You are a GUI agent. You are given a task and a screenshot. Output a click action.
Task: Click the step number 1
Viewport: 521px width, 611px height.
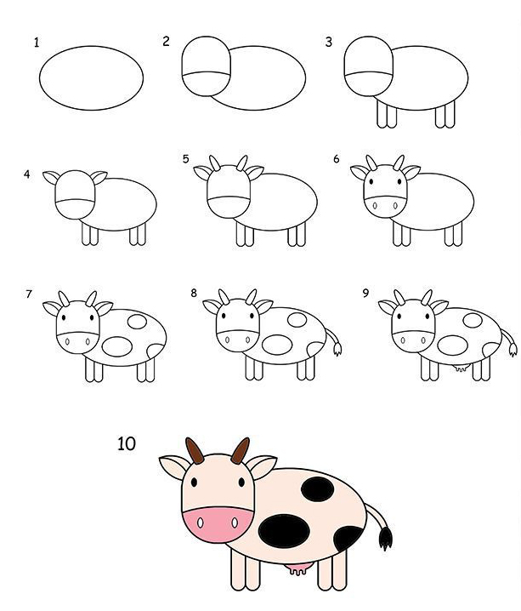(x=37, y=42)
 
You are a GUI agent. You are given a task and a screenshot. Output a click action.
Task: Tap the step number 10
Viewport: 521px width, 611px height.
(x=127, y=443)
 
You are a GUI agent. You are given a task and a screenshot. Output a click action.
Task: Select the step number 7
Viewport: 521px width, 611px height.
(x=28, y=294)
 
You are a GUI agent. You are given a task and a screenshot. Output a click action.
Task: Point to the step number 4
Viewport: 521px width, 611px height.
(x=26, y=174)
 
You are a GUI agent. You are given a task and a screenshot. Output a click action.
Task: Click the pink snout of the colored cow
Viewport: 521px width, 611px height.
(x=217, y=524)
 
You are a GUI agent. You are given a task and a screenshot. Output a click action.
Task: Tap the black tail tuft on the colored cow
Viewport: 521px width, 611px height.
(x=385, y=538)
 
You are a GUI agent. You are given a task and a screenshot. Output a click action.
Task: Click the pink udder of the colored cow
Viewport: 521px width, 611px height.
(x=297, y=569)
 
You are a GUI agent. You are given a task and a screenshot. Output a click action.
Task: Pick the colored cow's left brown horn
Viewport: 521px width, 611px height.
(x=194, y=450)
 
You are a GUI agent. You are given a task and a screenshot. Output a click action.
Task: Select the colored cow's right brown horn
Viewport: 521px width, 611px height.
(x=240, y=450)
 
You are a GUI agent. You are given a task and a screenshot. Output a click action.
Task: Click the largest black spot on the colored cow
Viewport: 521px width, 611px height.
(x=285, y=530)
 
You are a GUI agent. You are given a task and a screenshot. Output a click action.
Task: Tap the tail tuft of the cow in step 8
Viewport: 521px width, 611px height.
(x=337, y=349)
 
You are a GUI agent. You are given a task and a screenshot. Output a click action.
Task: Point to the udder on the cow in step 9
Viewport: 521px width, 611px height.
(x=461, y=368)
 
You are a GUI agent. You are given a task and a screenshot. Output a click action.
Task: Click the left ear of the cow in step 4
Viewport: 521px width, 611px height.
(x=51, y=177)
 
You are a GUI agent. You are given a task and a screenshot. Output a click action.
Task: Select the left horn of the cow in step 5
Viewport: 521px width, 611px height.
(x=215, y=163)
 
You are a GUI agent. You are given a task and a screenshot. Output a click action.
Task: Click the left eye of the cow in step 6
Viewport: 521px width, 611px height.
(x=371, y=181)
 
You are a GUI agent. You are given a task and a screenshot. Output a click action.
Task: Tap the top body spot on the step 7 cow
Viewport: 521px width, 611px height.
(x=137, y=321)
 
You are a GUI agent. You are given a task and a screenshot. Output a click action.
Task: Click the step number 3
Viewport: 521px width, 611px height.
(x=329, y=42)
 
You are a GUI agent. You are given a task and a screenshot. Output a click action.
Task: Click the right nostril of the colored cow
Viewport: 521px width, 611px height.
(x=235, y=522)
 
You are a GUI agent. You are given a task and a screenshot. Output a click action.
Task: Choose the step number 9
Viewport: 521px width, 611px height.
(x=365, y=293)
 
